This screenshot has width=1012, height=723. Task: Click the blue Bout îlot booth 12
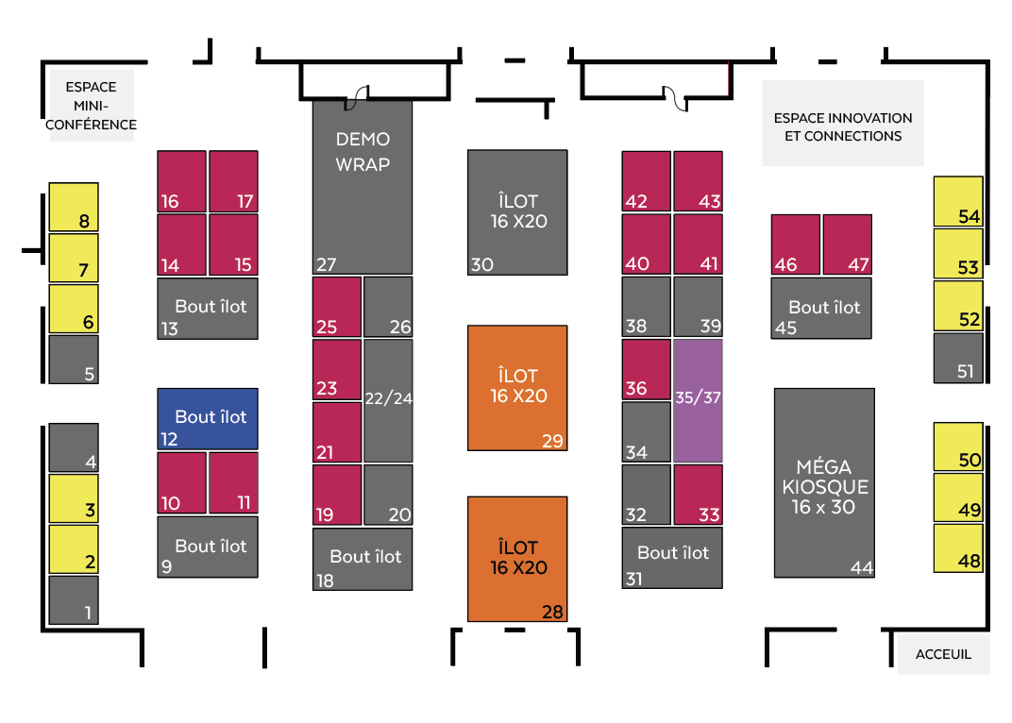[x=207, y=418]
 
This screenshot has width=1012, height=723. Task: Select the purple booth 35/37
[x=698, y=400]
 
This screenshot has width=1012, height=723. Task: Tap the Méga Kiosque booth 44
[x=823, y=482]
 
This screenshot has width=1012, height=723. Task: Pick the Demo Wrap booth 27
[x=363, y=187]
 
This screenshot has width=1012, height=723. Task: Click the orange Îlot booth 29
[x=517, y=387]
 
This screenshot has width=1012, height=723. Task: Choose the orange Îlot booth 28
[x=517, y=559]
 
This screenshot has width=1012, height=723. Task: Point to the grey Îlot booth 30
[x=517, y=212]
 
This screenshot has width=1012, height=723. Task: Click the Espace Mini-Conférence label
[x=92, y=106]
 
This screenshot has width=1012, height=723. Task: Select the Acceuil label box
[x=942, y=654]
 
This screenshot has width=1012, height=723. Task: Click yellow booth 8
[x=74, y=207]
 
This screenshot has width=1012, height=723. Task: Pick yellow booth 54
[x=957, y=201]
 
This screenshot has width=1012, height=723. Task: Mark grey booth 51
[x=957, y=358]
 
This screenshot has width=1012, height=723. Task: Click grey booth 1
[x=74, y=599]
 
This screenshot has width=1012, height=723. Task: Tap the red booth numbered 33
[x=698, y=494]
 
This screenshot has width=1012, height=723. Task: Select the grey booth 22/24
[x=388, y=400]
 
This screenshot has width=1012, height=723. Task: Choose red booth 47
[x=847, y=244]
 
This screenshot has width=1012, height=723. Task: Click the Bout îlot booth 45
[x=821, y=308]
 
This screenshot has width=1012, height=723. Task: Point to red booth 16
[x=181, y=181]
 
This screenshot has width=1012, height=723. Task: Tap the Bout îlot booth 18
[x=363, y=559]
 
